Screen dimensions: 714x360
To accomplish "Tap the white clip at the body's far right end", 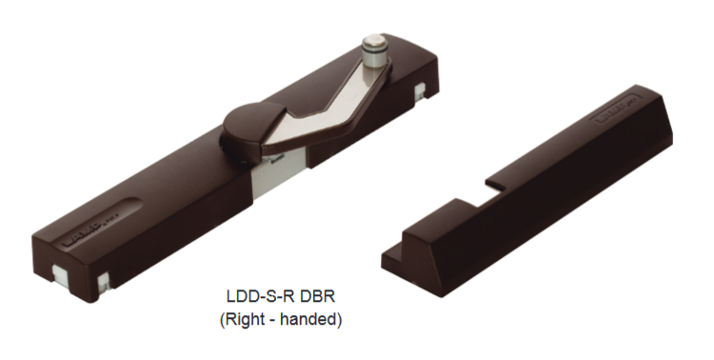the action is [420, 90].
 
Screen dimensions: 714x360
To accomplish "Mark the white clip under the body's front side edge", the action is [104, 282].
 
